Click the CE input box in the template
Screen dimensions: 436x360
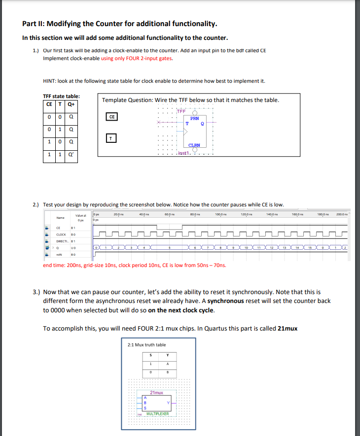tap(112, 117)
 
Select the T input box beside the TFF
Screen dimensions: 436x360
tap(112, 139)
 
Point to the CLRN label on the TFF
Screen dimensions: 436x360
tap(194, 145)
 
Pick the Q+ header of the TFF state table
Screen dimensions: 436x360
tap(72, 104)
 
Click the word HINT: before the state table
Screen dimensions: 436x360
tap(51, 81)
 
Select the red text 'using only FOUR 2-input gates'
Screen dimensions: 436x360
tap(137, 58)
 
